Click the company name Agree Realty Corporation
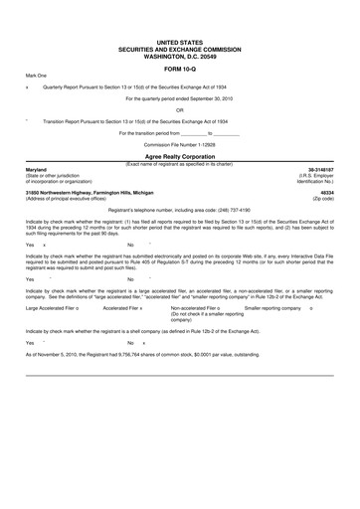(x=179, y=157)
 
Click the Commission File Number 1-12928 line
(x=179, y=145)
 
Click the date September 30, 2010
(x=206, y=98)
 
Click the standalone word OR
(x=179, y=110)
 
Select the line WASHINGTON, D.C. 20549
(x=179, y=56)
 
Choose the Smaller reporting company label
(x=272, y=309)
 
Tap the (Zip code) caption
(x=324, y=198)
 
